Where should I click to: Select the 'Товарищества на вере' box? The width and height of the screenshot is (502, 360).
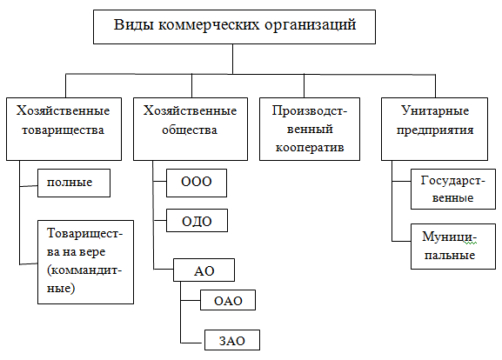85,261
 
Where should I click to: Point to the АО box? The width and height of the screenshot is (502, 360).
204,270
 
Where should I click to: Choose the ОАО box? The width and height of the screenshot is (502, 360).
228,302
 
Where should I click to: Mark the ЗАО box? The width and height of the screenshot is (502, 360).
231,340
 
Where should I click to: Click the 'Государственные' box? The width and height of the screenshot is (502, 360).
446,190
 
